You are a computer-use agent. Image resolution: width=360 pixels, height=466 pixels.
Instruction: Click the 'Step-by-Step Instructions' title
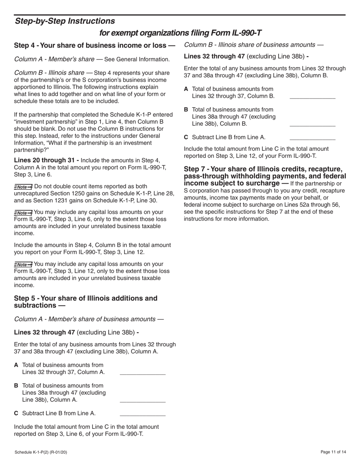pos(65,21)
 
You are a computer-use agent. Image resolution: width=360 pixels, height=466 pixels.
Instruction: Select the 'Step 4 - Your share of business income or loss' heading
pos(94,45)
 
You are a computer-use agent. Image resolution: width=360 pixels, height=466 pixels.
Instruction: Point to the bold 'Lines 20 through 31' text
pos(46,161)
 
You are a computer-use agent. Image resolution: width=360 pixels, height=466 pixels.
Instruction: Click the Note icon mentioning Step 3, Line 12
pos(23,264)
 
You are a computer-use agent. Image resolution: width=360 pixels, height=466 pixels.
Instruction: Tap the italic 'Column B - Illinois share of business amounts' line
pos(254,45)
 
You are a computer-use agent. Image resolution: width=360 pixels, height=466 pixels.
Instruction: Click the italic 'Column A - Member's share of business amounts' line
pos(89,319)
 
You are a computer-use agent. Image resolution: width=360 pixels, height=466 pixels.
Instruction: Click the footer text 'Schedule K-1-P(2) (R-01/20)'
pos(41,452)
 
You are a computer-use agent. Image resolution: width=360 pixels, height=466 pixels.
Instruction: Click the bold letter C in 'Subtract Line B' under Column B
pos(186,138)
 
